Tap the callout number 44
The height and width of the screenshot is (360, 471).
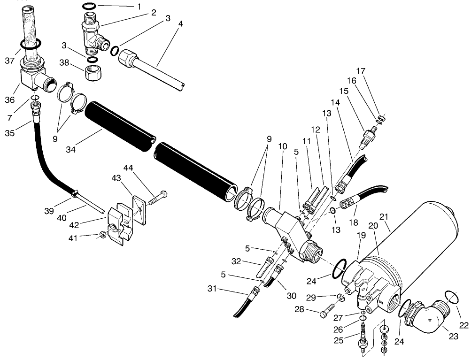tap(128, 168)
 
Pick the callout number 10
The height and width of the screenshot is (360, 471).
tap(282, 146)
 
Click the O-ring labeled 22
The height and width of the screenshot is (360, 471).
tap(450, 297)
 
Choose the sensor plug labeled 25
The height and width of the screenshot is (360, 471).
tap(363, 341)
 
